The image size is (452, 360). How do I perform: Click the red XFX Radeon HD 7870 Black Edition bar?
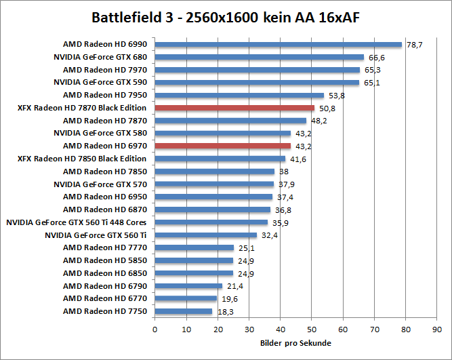coord(234,108)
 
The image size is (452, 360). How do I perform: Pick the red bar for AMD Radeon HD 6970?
coord(222,146)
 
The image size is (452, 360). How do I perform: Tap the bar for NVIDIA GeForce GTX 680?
coord(260,58)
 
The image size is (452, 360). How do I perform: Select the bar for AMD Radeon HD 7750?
coord(184,311)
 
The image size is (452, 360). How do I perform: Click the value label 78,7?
coord(414,45)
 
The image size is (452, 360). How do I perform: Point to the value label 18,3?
coord(226,311)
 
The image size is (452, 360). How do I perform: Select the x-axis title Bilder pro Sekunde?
coord(295,343)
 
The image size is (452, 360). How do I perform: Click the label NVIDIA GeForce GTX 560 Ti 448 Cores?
coord(76,222)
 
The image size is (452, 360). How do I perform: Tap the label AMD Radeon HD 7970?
coord(104,70)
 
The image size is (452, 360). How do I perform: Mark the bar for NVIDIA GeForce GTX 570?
coord(214,184)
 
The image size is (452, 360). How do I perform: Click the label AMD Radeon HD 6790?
coord(104,285)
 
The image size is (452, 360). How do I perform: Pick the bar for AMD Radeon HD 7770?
coord(194,247)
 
